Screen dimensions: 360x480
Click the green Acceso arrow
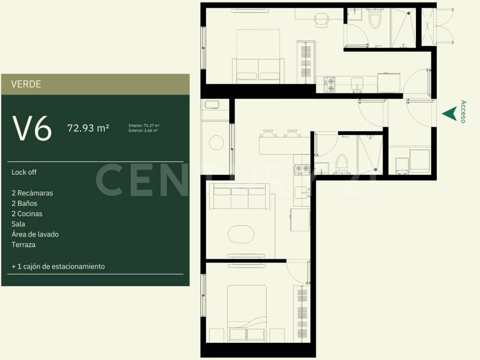(449, 114)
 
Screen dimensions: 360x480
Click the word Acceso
(463, 112)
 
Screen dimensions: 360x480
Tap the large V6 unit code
(32, 128)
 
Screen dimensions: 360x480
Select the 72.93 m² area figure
(88, 128)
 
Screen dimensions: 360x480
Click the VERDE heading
(26, 84)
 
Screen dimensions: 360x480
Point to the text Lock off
(24, 172)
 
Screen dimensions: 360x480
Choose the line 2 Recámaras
(32, 193)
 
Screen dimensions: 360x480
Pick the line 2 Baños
(24, 203)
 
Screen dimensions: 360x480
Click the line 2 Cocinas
(27, 214)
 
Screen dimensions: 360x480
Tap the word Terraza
(24, 244)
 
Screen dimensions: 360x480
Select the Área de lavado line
(35, 234)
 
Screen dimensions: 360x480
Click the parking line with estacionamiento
(58, 266)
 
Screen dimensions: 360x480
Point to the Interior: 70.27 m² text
(144, 126)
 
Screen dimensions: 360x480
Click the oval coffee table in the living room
(241, 233)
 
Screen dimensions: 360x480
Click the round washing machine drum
(216, 143)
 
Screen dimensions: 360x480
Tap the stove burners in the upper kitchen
(331, 84)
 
